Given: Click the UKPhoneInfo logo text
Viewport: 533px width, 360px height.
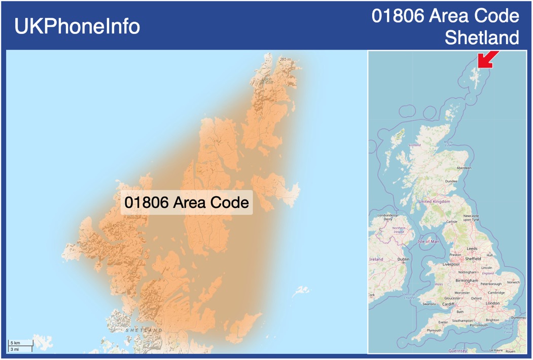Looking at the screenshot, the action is [77, 26].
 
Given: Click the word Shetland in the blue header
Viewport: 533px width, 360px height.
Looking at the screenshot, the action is [482, 38].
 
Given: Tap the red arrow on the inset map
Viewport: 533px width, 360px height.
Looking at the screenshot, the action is [487, 59].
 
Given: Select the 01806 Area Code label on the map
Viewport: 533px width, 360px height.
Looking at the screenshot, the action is [187, 202].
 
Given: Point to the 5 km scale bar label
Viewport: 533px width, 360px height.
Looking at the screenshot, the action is [15, 343].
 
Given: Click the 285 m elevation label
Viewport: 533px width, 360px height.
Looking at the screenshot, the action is [286, 59].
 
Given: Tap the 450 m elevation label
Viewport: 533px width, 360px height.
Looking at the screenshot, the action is [118, 226].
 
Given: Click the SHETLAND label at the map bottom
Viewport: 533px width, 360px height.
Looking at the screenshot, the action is [144, 330].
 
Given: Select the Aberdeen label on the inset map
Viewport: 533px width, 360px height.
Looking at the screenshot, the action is [464, 167].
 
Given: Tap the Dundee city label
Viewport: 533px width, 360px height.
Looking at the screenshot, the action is [451, 181].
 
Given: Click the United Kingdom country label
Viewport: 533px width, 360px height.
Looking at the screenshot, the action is [434, 201].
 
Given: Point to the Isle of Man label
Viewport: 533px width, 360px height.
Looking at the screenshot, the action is [428, 241].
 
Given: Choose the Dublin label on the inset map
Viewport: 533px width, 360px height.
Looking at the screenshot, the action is [403, 259].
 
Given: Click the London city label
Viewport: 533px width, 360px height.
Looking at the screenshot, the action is [492, 303].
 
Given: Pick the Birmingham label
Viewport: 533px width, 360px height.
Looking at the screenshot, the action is [467, 280].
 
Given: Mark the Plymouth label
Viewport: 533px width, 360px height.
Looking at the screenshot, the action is [434, 330].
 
